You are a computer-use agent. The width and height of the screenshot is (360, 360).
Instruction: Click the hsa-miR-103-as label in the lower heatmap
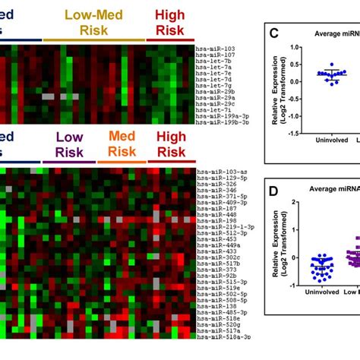[x=219, y=172]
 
